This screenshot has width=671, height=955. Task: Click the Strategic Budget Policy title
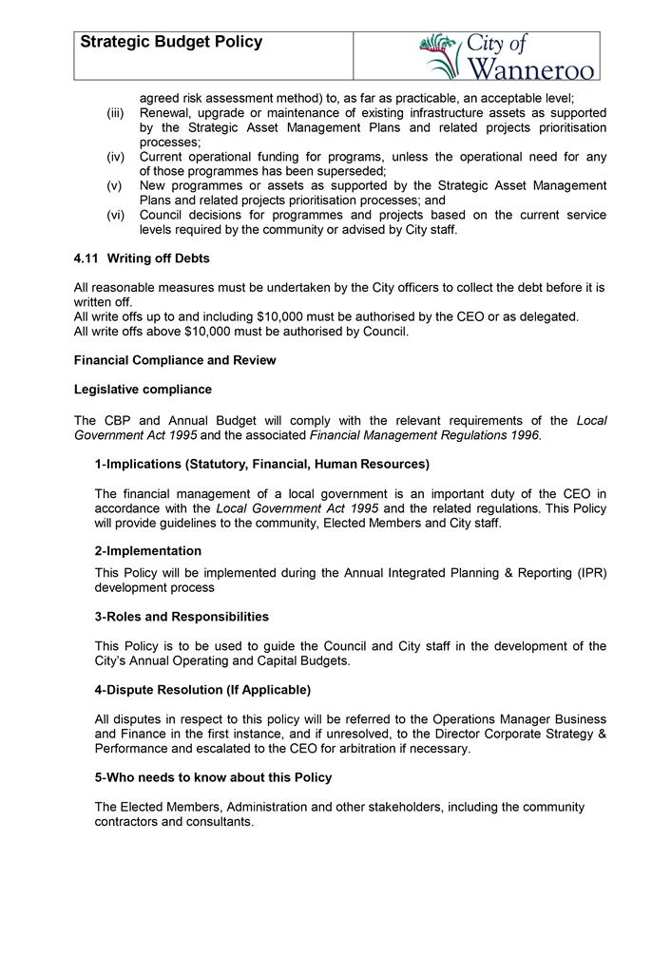pos(171,43)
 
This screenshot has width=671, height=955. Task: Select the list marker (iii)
pos(115,113)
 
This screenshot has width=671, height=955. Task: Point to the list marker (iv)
pos(115,157)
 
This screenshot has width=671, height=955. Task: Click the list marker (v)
pos(115,186)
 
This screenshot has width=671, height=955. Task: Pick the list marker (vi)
pos(115,216)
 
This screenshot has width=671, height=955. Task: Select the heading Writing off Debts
pos(159,258)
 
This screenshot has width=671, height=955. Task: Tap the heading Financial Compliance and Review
pos(175,360)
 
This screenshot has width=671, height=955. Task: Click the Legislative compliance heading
pos(143,390)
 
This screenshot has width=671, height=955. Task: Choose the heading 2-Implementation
pos(147,551)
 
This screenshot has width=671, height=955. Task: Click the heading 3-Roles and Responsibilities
pos(182,617)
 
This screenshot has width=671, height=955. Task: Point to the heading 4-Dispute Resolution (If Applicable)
pos(202,689)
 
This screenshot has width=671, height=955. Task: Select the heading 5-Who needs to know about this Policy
pos(213,777)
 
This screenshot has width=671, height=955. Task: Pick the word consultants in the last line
pos(221,822)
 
